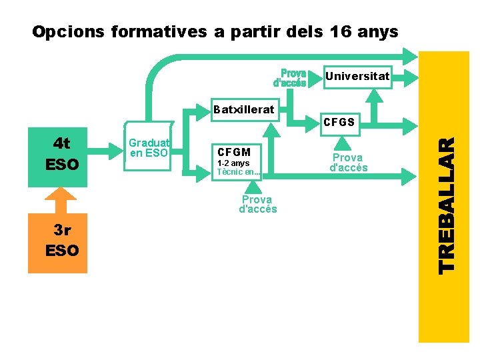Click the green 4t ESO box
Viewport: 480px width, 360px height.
tap(63, 153)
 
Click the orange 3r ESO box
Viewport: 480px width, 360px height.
tap(62, 241)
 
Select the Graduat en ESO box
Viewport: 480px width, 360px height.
tap(149, 148)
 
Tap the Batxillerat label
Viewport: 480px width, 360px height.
tap(243, 109)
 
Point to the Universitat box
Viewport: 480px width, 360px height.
tap(357, 76)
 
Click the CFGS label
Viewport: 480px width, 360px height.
tap(339, 123)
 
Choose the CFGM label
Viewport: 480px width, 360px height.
tap(234, 153)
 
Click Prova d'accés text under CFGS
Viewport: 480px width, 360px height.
tap(348, 163)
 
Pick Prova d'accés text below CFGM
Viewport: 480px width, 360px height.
tap(257, 204)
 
